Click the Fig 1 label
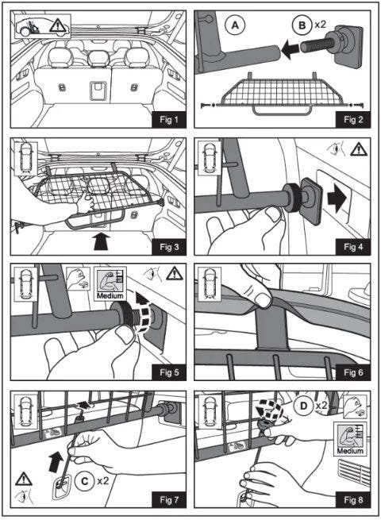[x=169, y=120]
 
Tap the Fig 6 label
[x=353, y=372]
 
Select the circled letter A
[x=235, y=25]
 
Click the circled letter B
[x=302, y=25]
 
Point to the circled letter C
[x=85, y=480]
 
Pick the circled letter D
[x=304, y=406]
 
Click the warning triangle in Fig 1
[x=58, y=25]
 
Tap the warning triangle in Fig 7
[x=24, y=480]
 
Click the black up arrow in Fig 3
[x=102, y=241]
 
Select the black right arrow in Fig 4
[x=337, y=198]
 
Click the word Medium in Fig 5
[x=110, y=295]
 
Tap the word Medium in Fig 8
[x=350, y=451]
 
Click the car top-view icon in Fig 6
[x=209, y=284]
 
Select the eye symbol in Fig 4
[x=336, y=149]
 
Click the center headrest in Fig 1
[x=98, y=58]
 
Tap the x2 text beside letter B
[x=321, y=24]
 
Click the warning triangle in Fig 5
[x=175, y=274]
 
